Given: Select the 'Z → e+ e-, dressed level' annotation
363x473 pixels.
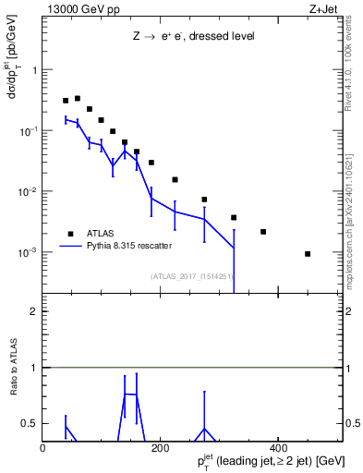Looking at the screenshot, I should (x=193, y=37).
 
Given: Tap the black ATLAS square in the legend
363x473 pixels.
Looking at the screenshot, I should (x=68, y=234).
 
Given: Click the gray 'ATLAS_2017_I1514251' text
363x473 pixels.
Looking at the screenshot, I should (x=191, y=276).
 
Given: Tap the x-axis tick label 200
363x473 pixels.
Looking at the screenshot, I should (x=159, y=449).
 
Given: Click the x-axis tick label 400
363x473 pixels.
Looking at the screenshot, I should (x=276, y=449).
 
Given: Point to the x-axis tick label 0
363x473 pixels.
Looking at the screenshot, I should (x=42, y=449).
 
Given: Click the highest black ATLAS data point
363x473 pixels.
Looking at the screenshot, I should (x=78, y=98).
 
